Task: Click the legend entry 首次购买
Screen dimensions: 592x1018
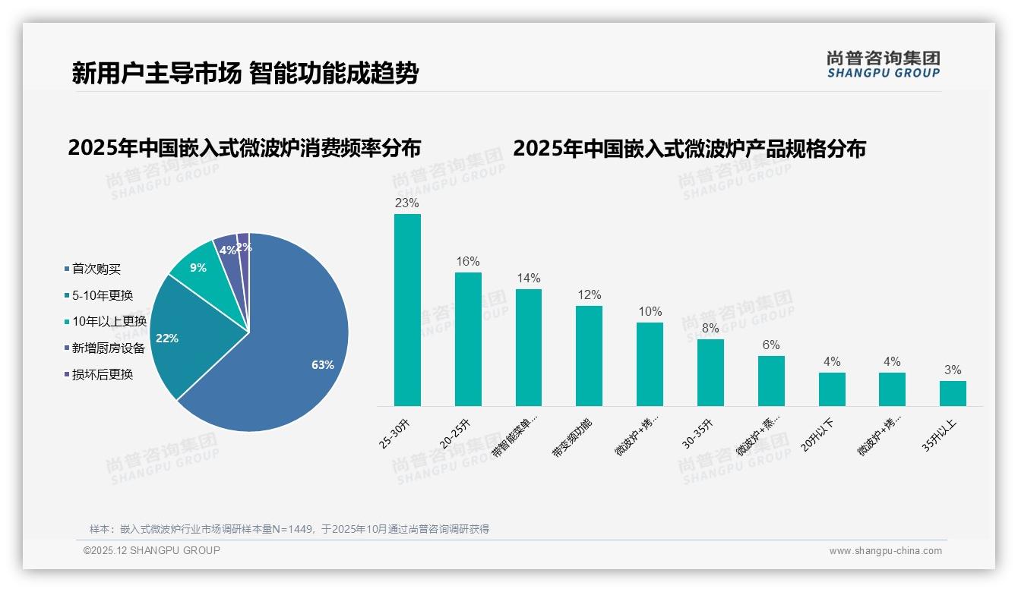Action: click(96, 269)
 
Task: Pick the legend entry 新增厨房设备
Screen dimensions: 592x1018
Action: click(108, 348)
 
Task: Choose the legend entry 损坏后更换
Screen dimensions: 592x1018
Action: click(102, 374)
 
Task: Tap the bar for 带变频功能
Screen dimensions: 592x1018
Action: click(589, 356)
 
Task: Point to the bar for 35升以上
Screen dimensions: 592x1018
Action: click(953, 393)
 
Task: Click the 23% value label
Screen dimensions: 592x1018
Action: click(407, 203)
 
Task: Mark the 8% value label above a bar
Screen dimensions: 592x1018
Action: click(710, 329)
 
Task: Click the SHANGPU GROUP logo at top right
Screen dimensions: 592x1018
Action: click(884, 65)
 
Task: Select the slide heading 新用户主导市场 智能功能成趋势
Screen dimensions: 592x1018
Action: click(245, 74)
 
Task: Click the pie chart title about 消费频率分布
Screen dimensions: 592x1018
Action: click(244, 148)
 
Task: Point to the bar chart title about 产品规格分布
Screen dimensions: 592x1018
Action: click(689, 149)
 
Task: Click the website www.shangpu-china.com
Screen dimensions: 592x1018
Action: click(885, 551)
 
